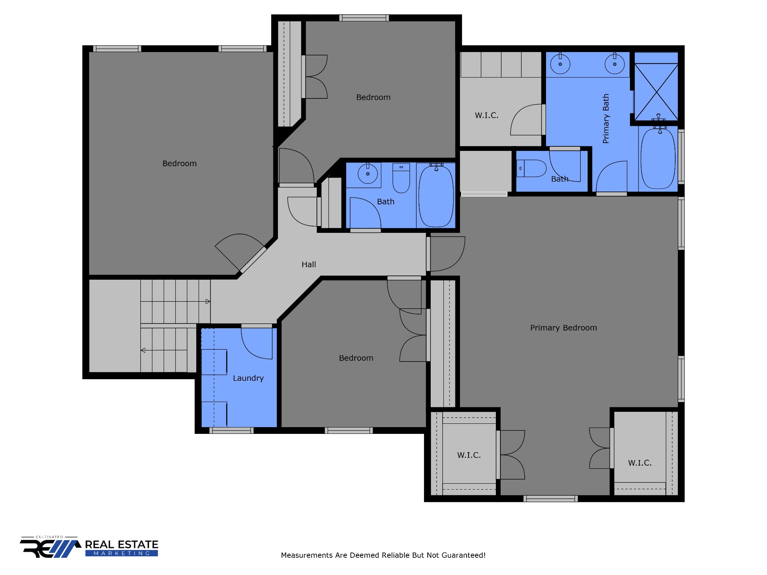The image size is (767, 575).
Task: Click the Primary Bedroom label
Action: [x=563, y=328]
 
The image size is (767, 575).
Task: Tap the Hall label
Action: [x=309, y=265]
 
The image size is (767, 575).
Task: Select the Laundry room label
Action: [x=248, y=378]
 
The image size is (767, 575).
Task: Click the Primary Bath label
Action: [x=606, y=119]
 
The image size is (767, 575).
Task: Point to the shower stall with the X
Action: [x=656, y=92]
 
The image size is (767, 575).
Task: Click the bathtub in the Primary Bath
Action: [x=658, y=158]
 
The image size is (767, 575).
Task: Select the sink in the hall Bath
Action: [x=367, y=174]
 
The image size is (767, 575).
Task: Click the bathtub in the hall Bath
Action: [x=436, y=196]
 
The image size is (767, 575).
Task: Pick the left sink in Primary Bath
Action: [x=560, y=64]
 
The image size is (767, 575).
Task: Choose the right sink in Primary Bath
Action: [x=615, y=64]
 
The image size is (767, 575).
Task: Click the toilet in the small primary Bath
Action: [x=531, y=168]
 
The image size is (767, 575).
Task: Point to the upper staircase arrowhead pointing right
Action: [x=208, y=301]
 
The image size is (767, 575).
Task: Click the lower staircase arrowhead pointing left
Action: [x=143, y=350]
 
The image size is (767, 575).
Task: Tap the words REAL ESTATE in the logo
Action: [x=122, y=544]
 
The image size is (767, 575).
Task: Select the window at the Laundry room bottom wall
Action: [x=231, y=431]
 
